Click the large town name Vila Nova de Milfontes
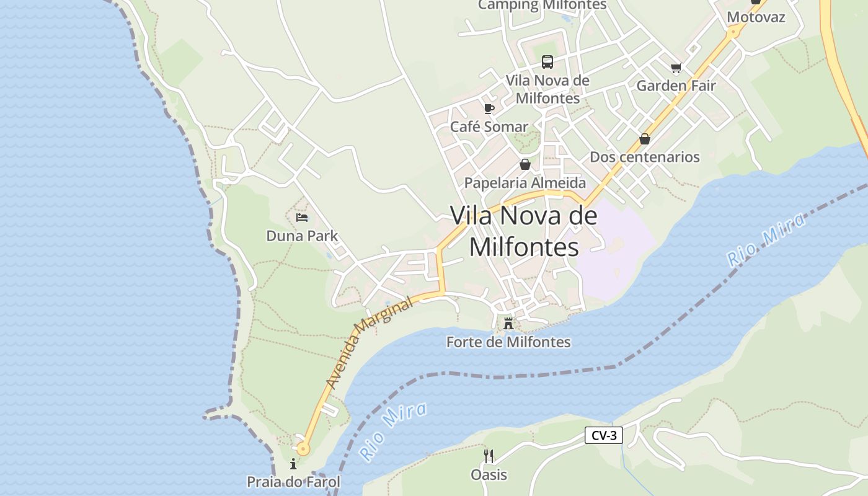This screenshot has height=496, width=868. [x=524, y=231]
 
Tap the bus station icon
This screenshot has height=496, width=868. [x=547, y=62]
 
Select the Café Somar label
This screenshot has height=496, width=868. [x=489, y=127]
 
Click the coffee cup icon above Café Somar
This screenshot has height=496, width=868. [x=489, y=109]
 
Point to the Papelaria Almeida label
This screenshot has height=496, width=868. [x=525, y=183]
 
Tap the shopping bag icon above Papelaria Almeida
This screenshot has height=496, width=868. [x=525, y=164]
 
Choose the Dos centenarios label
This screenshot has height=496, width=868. [x=644, y=157]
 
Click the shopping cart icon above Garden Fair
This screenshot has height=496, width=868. [x=676, y=68]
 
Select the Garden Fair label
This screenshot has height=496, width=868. [x=676, y=86]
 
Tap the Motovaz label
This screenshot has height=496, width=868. [x=756, y=17]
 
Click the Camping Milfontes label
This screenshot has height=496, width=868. [x=542, y=5]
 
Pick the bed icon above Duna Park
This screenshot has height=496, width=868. [x=302, y=218]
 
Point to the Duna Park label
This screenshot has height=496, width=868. [x=302, y=236]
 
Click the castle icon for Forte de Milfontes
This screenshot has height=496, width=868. [x=508, y=323]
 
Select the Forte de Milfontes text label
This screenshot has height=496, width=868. [x=508, y=342]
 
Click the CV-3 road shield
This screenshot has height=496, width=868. [x=604, y=435]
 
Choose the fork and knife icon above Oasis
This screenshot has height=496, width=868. [x=489, y=456]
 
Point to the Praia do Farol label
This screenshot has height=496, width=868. [x=293, y=482]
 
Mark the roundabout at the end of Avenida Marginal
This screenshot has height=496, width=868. [x=303, y=448]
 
